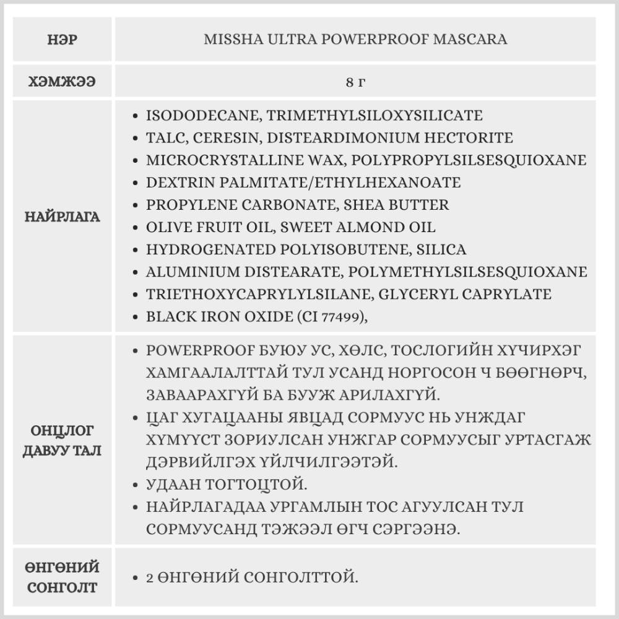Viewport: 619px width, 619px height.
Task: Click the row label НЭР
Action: [62, 40]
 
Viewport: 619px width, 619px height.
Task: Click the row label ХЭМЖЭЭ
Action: [62, 82]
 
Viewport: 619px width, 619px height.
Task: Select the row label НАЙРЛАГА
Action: [62, 217]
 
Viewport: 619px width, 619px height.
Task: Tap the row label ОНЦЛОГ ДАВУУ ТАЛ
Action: [62, 439]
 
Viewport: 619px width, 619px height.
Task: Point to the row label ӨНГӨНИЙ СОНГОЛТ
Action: [62, 577]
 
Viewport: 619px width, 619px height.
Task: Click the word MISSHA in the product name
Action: [227, 40]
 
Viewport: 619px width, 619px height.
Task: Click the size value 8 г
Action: [355, 82]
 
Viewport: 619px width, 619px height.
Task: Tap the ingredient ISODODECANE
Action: [195, 116]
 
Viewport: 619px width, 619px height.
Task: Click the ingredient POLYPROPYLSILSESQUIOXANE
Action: [469, 160]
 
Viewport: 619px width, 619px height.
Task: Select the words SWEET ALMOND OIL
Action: [358, 227]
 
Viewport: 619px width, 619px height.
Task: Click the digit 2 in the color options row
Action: [150, 578]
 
